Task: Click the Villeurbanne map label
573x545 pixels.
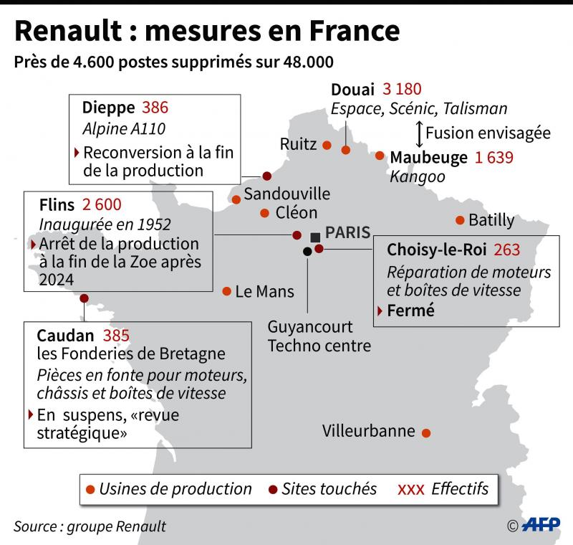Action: coord(369,431)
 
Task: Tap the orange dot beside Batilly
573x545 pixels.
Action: coord(459,220)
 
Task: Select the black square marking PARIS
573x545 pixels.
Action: coord(315,237)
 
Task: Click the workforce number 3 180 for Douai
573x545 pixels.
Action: coord(402,90)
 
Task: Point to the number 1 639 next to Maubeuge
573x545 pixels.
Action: coord(494,157)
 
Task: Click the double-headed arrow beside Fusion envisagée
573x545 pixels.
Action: coord(418,133)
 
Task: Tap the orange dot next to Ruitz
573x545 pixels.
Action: coord(327,145)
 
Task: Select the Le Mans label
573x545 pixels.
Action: coord(264,291)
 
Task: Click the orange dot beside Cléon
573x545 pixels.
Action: coord(264,213)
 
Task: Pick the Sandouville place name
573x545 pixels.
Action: coord(287,194)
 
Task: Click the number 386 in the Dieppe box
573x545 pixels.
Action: coord(155,108)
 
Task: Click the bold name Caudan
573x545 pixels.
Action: coord(65,335)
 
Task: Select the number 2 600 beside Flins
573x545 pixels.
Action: coord(102,204)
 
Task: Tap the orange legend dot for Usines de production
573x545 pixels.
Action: coord(90,489)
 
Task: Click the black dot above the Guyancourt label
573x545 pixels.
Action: coord(308,251)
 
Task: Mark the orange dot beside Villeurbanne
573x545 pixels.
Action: coord(426,433)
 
